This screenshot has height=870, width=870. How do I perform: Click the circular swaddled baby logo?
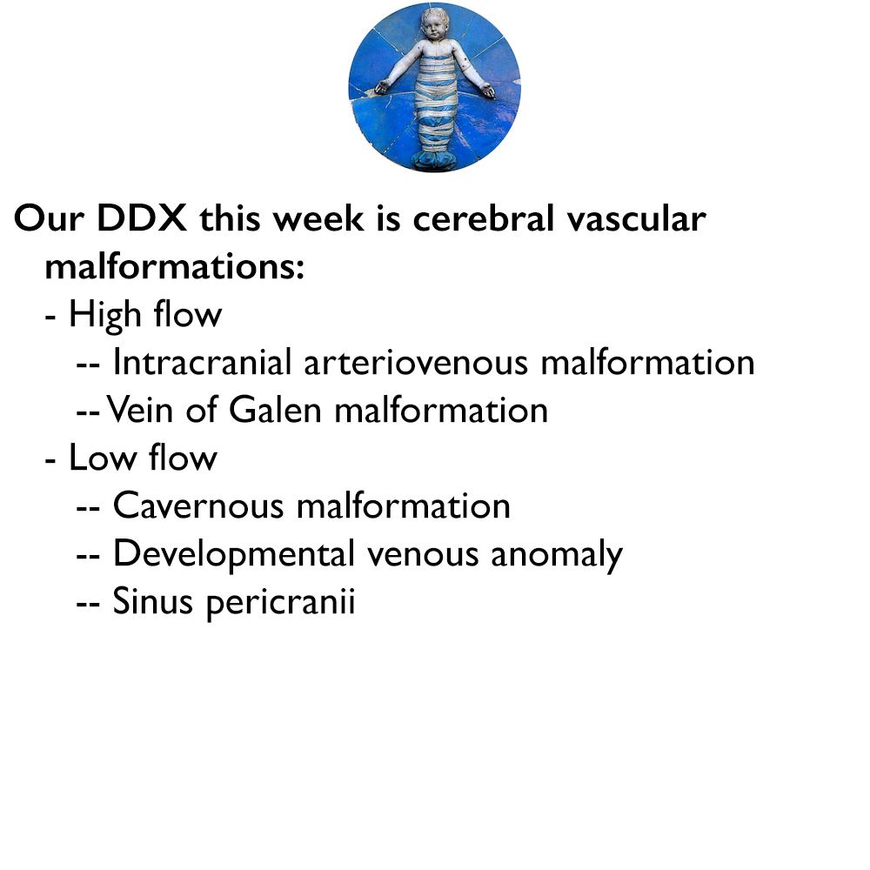coord(434,87)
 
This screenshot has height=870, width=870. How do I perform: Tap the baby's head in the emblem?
coord(435,29)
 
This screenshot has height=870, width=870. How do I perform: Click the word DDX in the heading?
coord(141,219)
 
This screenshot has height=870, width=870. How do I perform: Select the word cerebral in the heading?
coord(481,219)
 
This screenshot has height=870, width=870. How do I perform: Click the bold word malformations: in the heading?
coord(174,266)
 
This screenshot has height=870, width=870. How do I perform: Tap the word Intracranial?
coord(202,362)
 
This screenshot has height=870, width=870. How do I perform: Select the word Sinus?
coord(153,601)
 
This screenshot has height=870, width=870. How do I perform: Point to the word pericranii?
coord(281,603)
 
